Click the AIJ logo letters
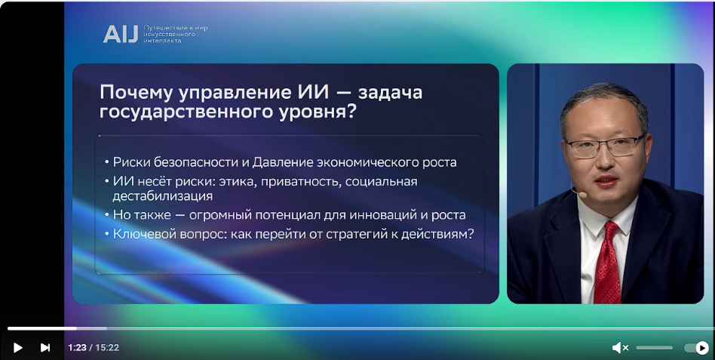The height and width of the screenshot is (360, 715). click(x=121, y=34)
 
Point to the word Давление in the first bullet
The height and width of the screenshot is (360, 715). click(x=283, y=162)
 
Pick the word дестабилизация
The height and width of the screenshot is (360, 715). click(x=163, y=196)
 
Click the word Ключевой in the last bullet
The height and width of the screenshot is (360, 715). click(x=143, y=234)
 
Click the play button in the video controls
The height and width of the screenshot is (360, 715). click(x=18, y=348)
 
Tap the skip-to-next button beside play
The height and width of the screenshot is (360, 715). click(x=45, y=348)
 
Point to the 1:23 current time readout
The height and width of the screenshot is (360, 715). click(x=77, y=348)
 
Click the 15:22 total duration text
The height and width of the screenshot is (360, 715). click(x=107, y=348)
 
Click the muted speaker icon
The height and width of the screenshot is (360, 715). click(x=620, y=348)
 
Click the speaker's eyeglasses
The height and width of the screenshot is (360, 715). click(x=605, y=147)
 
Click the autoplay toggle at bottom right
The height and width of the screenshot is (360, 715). click(x=697, y=348)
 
